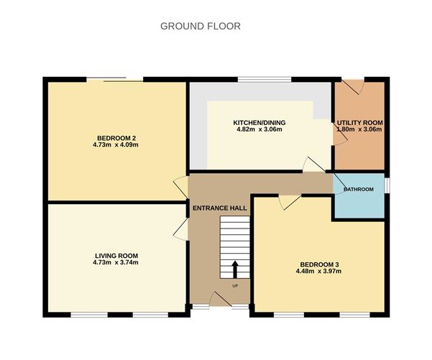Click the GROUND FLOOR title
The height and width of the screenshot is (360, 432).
click(x=200, y=26)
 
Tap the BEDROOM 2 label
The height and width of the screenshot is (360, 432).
click(x=117, y=138)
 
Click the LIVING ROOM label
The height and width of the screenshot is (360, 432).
click(x=116, y=255)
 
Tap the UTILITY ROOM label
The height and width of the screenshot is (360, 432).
click(x=360, y=123)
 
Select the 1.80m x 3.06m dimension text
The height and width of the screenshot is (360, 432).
click(x=360, y=130)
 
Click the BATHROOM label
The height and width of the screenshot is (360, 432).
click(x=358, y=190)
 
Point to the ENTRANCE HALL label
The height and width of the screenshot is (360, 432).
click(x=219, y=208)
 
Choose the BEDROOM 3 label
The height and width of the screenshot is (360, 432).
click(x=318, y=264)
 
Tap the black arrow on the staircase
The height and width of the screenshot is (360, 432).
click(x=234, y=269)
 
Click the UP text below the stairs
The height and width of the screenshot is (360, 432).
click(x=234, y=286)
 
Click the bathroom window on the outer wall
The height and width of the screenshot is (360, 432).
click(x=387, y=185)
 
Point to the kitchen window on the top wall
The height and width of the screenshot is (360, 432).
click(x=265, y=78)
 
